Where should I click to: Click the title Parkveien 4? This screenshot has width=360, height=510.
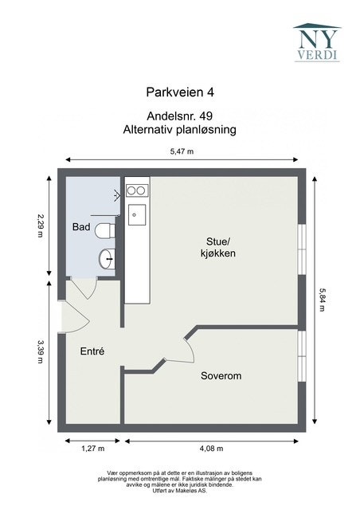180,92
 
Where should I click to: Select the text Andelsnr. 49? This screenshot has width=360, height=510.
180,116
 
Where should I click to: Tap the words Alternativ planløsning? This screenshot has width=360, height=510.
180,128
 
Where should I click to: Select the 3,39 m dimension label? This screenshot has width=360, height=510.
40,352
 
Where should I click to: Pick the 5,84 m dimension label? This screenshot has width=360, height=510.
322,300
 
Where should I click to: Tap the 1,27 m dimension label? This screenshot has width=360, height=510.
92,449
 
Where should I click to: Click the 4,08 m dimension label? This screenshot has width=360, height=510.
213,449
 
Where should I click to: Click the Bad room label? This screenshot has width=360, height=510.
80,227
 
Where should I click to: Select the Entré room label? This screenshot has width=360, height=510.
92,351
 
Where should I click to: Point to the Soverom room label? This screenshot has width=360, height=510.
221,375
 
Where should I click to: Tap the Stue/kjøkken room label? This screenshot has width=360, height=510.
217,247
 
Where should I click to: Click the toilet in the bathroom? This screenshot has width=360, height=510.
104,232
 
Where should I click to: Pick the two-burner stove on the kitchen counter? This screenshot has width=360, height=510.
137,190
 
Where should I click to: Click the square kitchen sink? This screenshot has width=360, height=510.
137,212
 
